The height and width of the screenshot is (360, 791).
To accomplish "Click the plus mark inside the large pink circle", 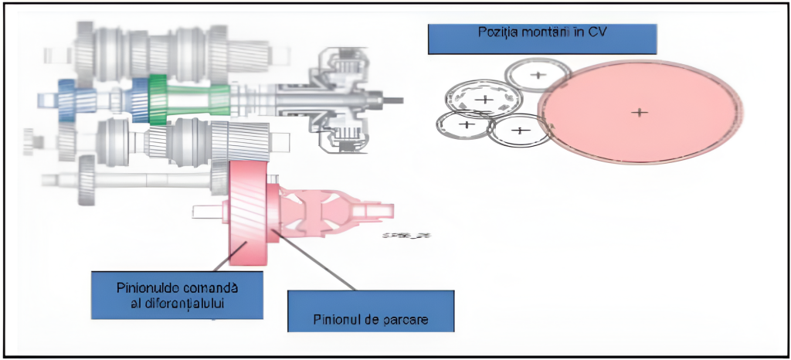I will [x=639, y=112].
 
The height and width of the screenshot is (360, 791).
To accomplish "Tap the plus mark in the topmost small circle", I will [x=538, y=75].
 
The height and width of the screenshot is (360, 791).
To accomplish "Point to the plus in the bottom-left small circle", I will [x=466, y=124].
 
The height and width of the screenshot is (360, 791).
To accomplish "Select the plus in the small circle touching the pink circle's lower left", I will [x=520, y=130].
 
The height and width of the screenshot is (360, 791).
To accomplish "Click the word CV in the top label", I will [x=599, y=32].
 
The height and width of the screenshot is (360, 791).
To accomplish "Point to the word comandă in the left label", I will [x=209, y=287].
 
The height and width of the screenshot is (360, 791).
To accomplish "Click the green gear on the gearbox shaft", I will [x=158, y=99].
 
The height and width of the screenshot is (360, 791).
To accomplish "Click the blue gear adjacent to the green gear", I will [x=140, y=100].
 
